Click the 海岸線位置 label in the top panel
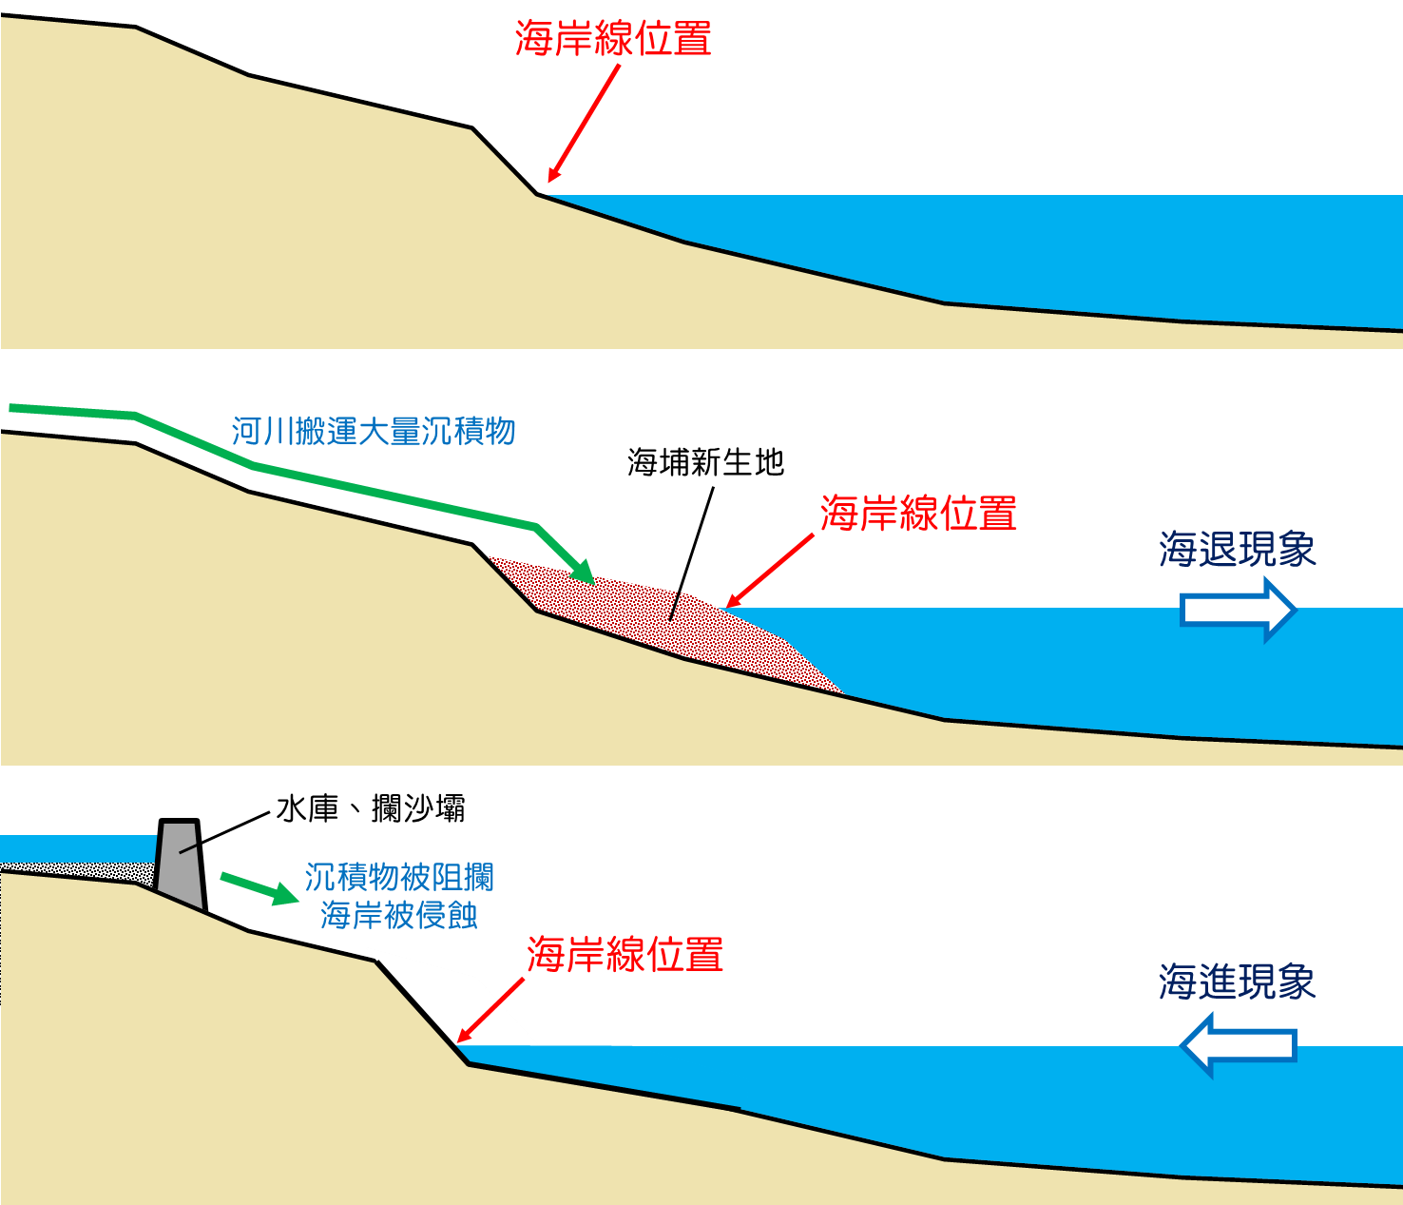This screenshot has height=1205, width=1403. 613,39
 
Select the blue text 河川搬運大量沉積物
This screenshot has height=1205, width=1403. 374,432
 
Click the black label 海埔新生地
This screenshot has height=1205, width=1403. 705,462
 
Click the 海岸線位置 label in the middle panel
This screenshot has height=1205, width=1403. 918,514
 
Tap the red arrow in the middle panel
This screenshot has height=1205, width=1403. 770,570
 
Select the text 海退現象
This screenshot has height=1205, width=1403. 1238,550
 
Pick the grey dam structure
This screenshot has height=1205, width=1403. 181,865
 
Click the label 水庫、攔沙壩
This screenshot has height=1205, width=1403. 371,809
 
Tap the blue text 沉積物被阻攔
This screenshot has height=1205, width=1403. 399,877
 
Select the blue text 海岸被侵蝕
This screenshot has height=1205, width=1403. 399,915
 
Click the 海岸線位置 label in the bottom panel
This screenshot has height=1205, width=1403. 625,955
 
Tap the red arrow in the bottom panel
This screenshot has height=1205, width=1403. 490,1010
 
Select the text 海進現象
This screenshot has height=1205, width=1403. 1238,981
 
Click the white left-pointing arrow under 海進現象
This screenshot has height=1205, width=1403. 1238,1044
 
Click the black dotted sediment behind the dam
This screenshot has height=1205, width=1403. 76,870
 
